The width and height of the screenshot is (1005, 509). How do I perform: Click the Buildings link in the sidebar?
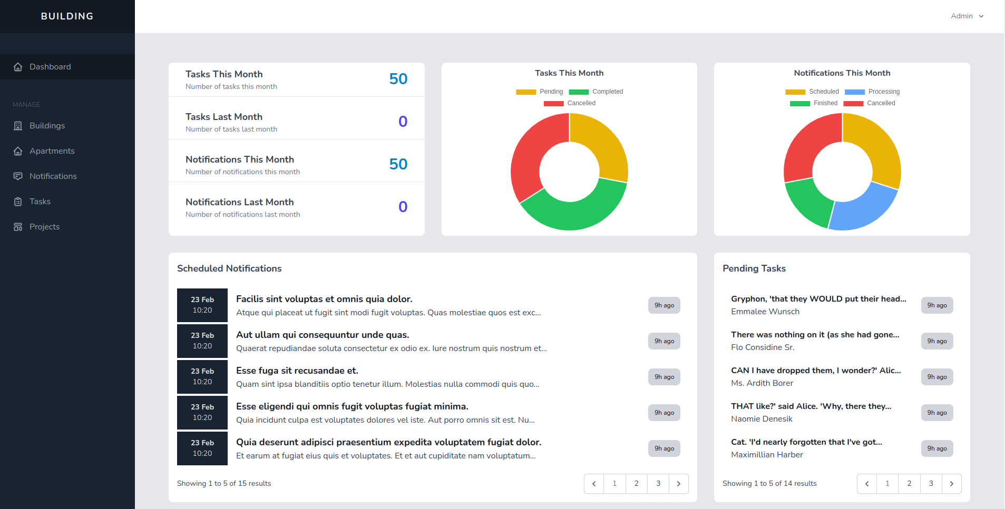47,126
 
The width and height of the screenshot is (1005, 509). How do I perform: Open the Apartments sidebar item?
52,151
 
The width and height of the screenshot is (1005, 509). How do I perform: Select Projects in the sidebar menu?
44,227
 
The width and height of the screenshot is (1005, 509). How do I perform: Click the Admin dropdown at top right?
967,16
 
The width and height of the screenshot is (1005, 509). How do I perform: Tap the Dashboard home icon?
18,67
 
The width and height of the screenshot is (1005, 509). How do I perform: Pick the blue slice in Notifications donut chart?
864,208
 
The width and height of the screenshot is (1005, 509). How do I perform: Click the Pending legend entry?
540,92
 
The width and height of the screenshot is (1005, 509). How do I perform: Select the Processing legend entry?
872,92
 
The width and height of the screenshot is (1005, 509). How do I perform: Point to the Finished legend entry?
814,103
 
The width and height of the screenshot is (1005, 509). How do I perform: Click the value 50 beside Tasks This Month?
398,79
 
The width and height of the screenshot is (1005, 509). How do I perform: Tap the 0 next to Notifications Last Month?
403,207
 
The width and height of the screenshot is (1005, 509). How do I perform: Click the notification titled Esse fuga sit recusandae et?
297,371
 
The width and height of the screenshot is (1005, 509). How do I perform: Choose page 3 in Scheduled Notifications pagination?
658,484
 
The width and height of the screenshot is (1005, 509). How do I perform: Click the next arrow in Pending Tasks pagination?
951,484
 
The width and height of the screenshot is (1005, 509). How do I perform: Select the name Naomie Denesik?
762,419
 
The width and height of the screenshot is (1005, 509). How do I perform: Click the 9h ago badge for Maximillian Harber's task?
937,448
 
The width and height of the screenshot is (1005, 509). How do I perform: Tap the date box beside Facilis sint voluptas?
202,305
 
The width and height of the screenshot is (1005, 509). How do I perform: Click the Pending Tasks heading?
754,268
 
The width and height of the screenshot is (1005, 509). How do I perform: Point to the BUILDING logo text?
67,16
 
